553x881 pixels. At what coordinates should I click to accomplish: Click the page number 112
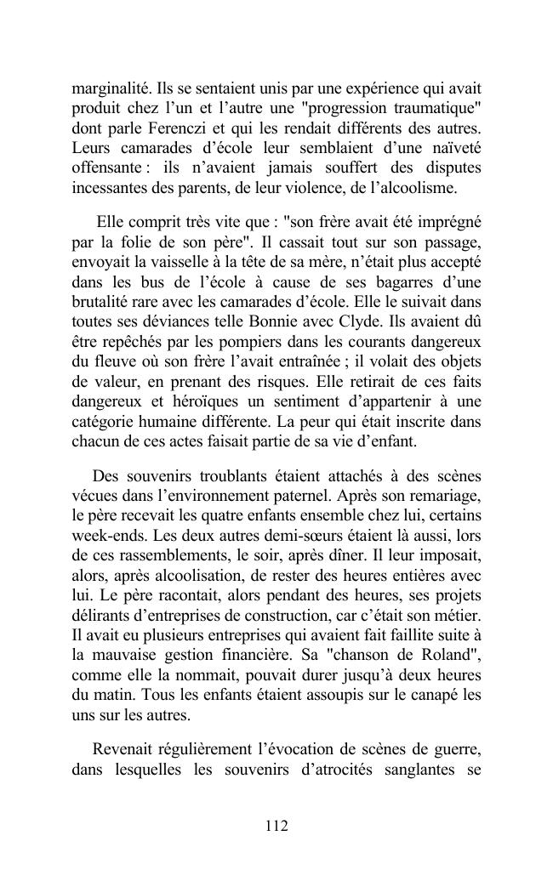(276, 825)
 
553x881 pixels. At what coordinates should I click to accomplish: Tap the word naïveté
(451, 147)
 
